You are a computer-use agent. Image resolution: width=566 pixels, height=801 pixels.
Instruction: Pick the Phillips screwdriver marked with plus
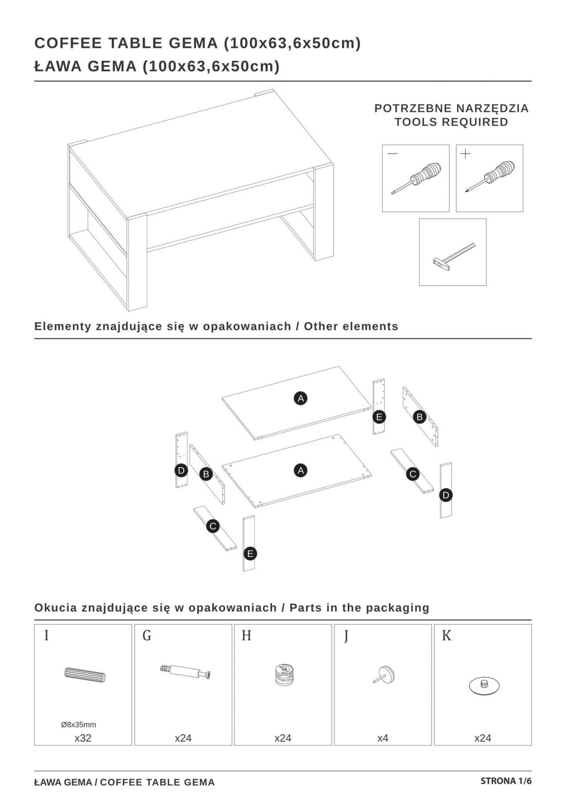[x=490, y=177]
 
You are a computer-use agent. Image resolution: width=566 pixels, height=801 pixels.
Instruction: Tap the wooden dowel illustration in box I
[x=85, y=675]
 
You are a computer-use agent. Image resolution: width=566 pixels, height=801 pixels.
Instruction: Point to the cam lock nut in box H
[x=283, y=674]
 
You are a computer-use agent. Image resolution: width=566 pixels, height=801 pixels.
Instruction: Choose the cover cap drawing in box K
[x=484, y=686]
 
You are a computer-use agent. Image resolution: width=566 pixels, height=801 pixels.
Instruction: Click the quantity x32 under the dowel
[x=83, y=738]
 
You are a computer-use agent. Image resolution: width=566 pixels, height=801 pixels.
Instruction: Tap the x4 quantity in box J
[x=383, y=738]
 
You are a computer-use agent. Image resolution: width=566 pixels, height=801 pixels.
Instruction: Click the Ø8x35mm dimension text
[x=78, y=724]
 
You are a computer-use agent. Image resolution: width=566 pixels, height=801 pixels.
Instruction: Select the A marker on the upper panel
[x=301, y=398]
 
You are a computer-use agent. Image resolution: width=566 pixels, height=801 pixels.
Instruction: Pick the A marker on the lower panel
[x=301, y=470]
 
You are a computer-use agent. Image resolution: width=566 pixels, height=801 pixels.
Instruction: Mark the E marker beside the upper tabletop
[x=379, y=417]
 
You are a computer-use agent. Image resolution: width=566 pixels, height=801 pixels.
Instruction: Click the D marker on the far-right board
[x=445, y=495]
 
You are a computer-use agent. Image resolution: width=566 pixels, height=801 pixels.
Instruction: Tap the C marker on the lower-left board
[x=213, y=526]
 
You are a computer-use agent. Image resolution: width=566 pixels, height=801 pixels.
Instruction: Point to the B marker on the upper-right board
[x=419, y=417]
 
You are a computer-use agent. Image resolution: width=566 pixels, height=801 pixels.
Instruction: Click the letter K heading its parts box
[x=446, y=636]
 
